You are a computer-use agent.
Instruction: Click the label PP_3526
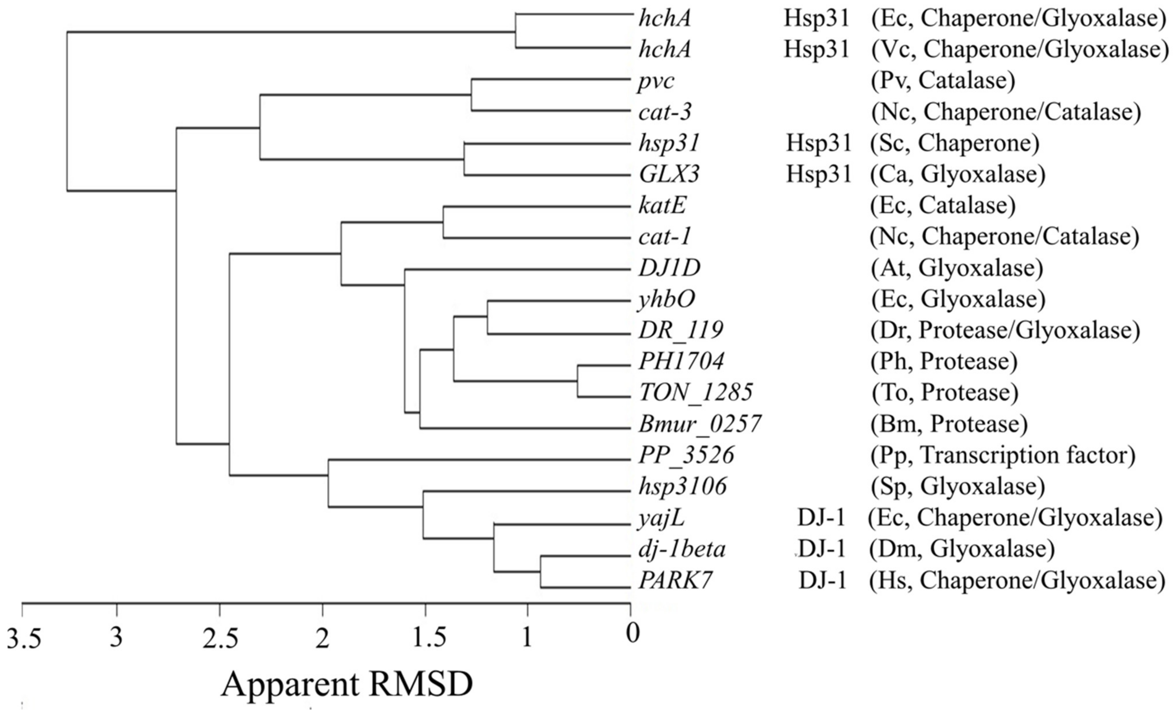tap(686, 455)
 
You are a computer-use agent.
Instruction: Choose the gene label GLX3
tap(669, 175)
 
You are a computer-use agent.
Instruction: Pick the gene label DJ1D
tap(669, 268)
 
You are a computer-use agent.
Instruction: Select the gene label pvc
tap(656, 81)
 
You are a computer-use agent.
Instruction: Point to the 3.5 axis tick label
tap(24, 638)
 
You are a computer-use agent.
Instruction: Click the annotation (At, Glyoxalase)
tap(957, 268)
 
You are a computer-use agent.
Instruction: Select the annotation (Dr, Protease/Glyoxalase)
tap(1006, 330)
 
